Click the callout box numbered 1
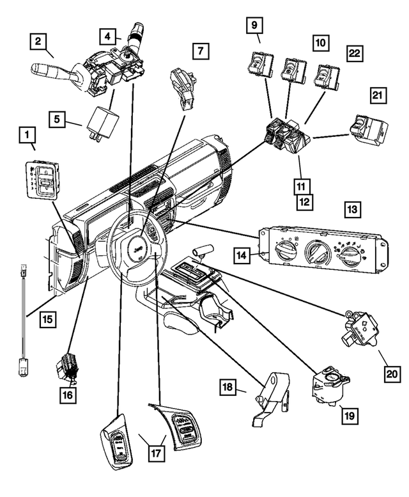point(27,135)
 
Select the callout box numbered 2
point(40,42)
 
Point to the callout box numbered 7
point(200,50)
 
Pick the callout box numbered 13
point(353,209)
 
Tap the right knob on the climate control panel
point(350,255)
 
